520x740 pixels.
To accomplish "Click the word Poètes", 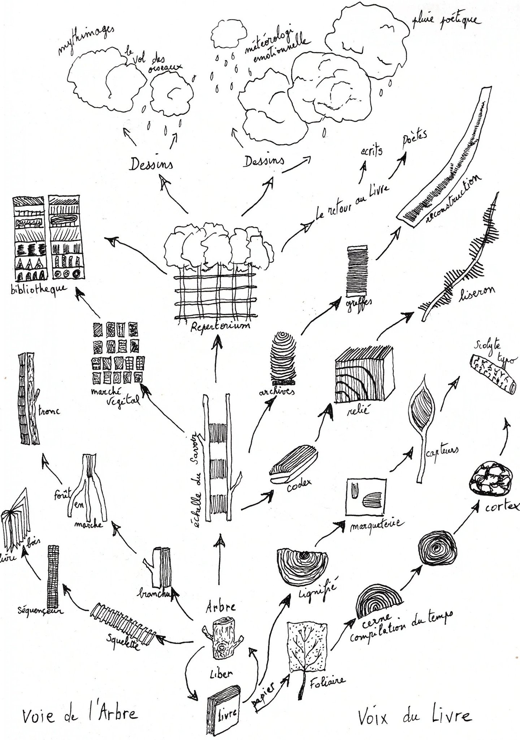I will tap(415, 140).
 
